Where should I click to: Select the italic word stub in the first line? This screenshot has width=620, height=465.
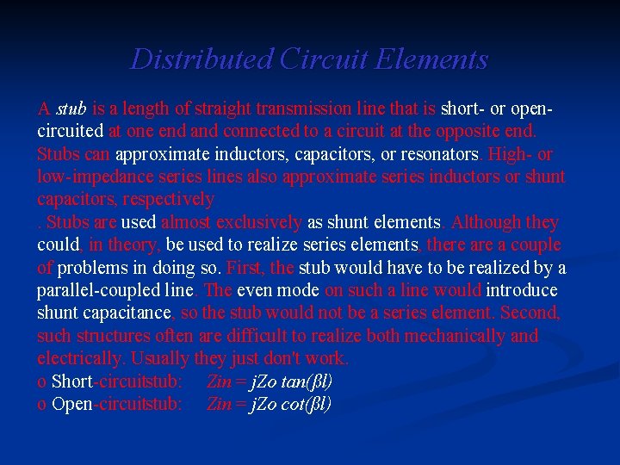pos(71,109)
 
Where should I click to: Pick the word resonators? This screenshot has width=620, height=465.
pos(437,155)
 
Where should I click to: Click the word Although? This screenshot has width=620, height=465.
pos(486,222)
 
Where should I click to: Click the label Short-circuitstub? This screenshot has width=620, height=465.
pos(115,381)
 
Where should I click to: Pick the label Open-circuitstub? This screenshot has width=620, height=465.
pos(116,404)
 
